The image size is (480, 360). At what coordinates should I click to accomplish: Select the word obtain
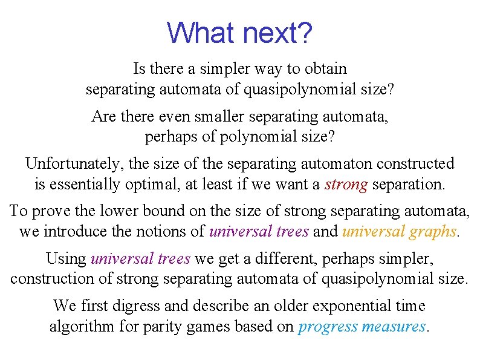[x=325, y=69]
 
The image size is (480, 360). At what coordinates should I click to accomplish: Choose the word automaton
[x=340, y=163]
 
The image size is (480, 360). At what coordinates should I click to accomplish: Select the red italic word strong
[x=346, y=185]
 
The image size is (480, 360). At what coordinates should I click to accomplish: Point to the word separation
[x=409, y=185]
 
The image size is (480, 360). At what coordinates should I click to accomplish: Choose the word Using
[x=66, y=258]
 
